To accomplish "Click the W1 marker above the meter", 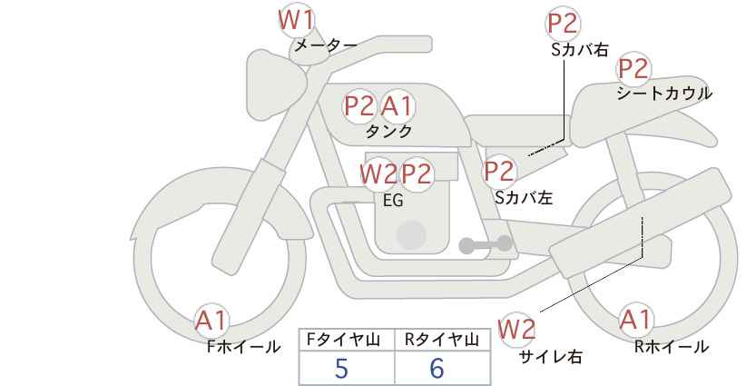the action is tap(296, 21).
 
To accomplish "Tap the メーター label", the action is tap(326, 45).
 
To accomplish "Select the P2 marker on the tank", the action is tap(359, 105).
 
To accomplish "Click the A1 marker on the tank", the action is tap(397, 105).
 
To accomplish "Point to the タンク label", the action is tap(388, 131).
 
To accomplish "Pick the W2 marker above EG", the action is tap(378, 173).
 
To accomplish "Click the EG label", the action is tap(393, 201).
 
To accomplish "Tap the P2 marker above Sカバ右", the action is tap(563, 24).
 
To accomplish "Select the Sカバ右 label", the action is tap(580, 51).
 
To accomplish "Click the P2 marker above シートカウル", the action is tap(633, 68).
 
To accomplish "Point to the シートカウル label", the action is tap(664, 94).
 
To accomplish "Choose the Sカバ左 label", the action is tap(524, 197).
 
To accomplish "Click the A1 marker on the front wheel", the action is tap(211, 321).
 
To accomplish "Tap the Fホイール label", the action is tap(243, 347).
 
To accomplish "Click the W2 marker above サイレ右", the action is tap(516, 329).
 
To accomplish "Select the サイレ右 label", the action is tap(550, 357).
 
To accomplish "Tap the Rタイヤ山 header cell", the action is tap(443, 340).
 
